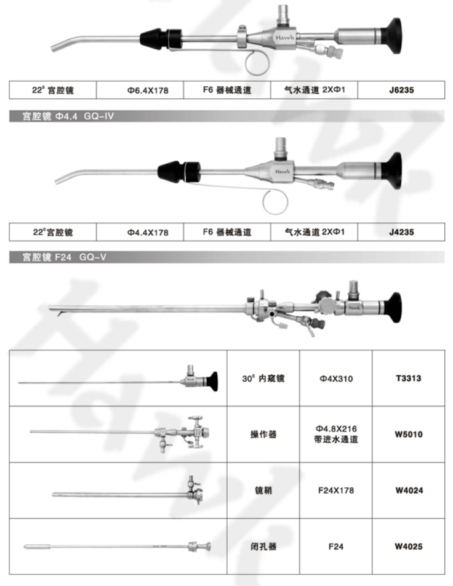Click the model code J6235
click(401, 90)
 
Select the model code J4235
click(401, 232)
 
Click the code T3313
click(408, 378)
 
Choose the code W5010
click(408, 434)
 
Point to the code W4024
click(408, 491)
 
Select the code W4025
click(408, 546)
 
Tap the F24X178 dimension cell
click(336, 491)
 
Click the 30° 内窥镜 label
click(263, 378)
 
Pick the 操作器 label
click(263, 434)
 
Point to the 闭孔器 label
click(263, 546)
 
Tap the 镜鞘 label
click(263, 491)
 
